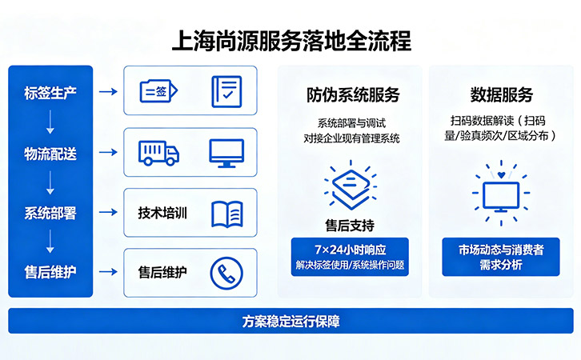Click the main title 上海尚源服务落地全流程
[291, 40]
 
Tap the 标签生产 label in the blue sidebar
[51, 91]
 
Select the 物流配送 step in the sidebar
[51, 153]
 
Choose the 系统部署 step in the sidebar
[51, 212]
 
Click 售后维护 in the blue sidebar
[51, 272]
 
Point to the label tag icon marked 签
[158, 91]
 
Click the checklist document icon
[226, 91]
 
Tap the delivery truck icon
[158, 152]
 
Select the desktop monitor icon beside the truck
[226, 152]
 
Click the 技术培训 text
[162, 213]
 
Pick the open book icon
[226, 213]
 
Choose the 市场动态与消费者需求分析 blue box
[501, 256]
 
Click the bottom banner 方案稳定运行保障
[290, 321]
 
